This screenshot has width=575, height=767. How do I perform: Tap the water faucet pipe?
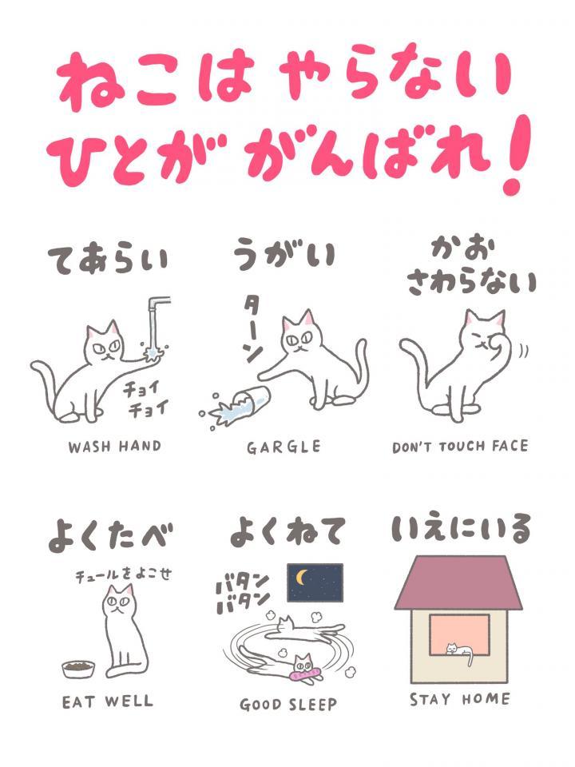(157, 313)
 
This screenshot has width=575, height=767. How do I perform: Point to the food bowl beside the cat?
(78, 669)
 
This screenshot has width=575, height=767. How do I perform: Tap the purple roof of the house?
(458, 583)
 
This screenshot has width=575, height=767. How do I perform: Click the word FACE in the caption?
(510, 446)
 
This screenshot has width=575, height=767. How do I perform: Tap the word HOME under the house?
(486, 699)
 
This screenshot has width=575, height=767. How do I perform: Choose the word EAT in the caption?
(77, 702)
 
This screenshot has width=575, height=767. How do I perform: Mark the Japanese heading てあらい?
(108, 260)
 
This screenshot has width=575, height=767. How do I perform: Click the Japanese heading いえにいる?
(461, 528)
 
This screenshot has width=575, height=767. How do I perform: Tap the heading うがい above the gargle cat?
(284, 254)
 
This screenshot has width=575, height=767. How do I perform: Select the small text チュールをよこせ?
(124, 574)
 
